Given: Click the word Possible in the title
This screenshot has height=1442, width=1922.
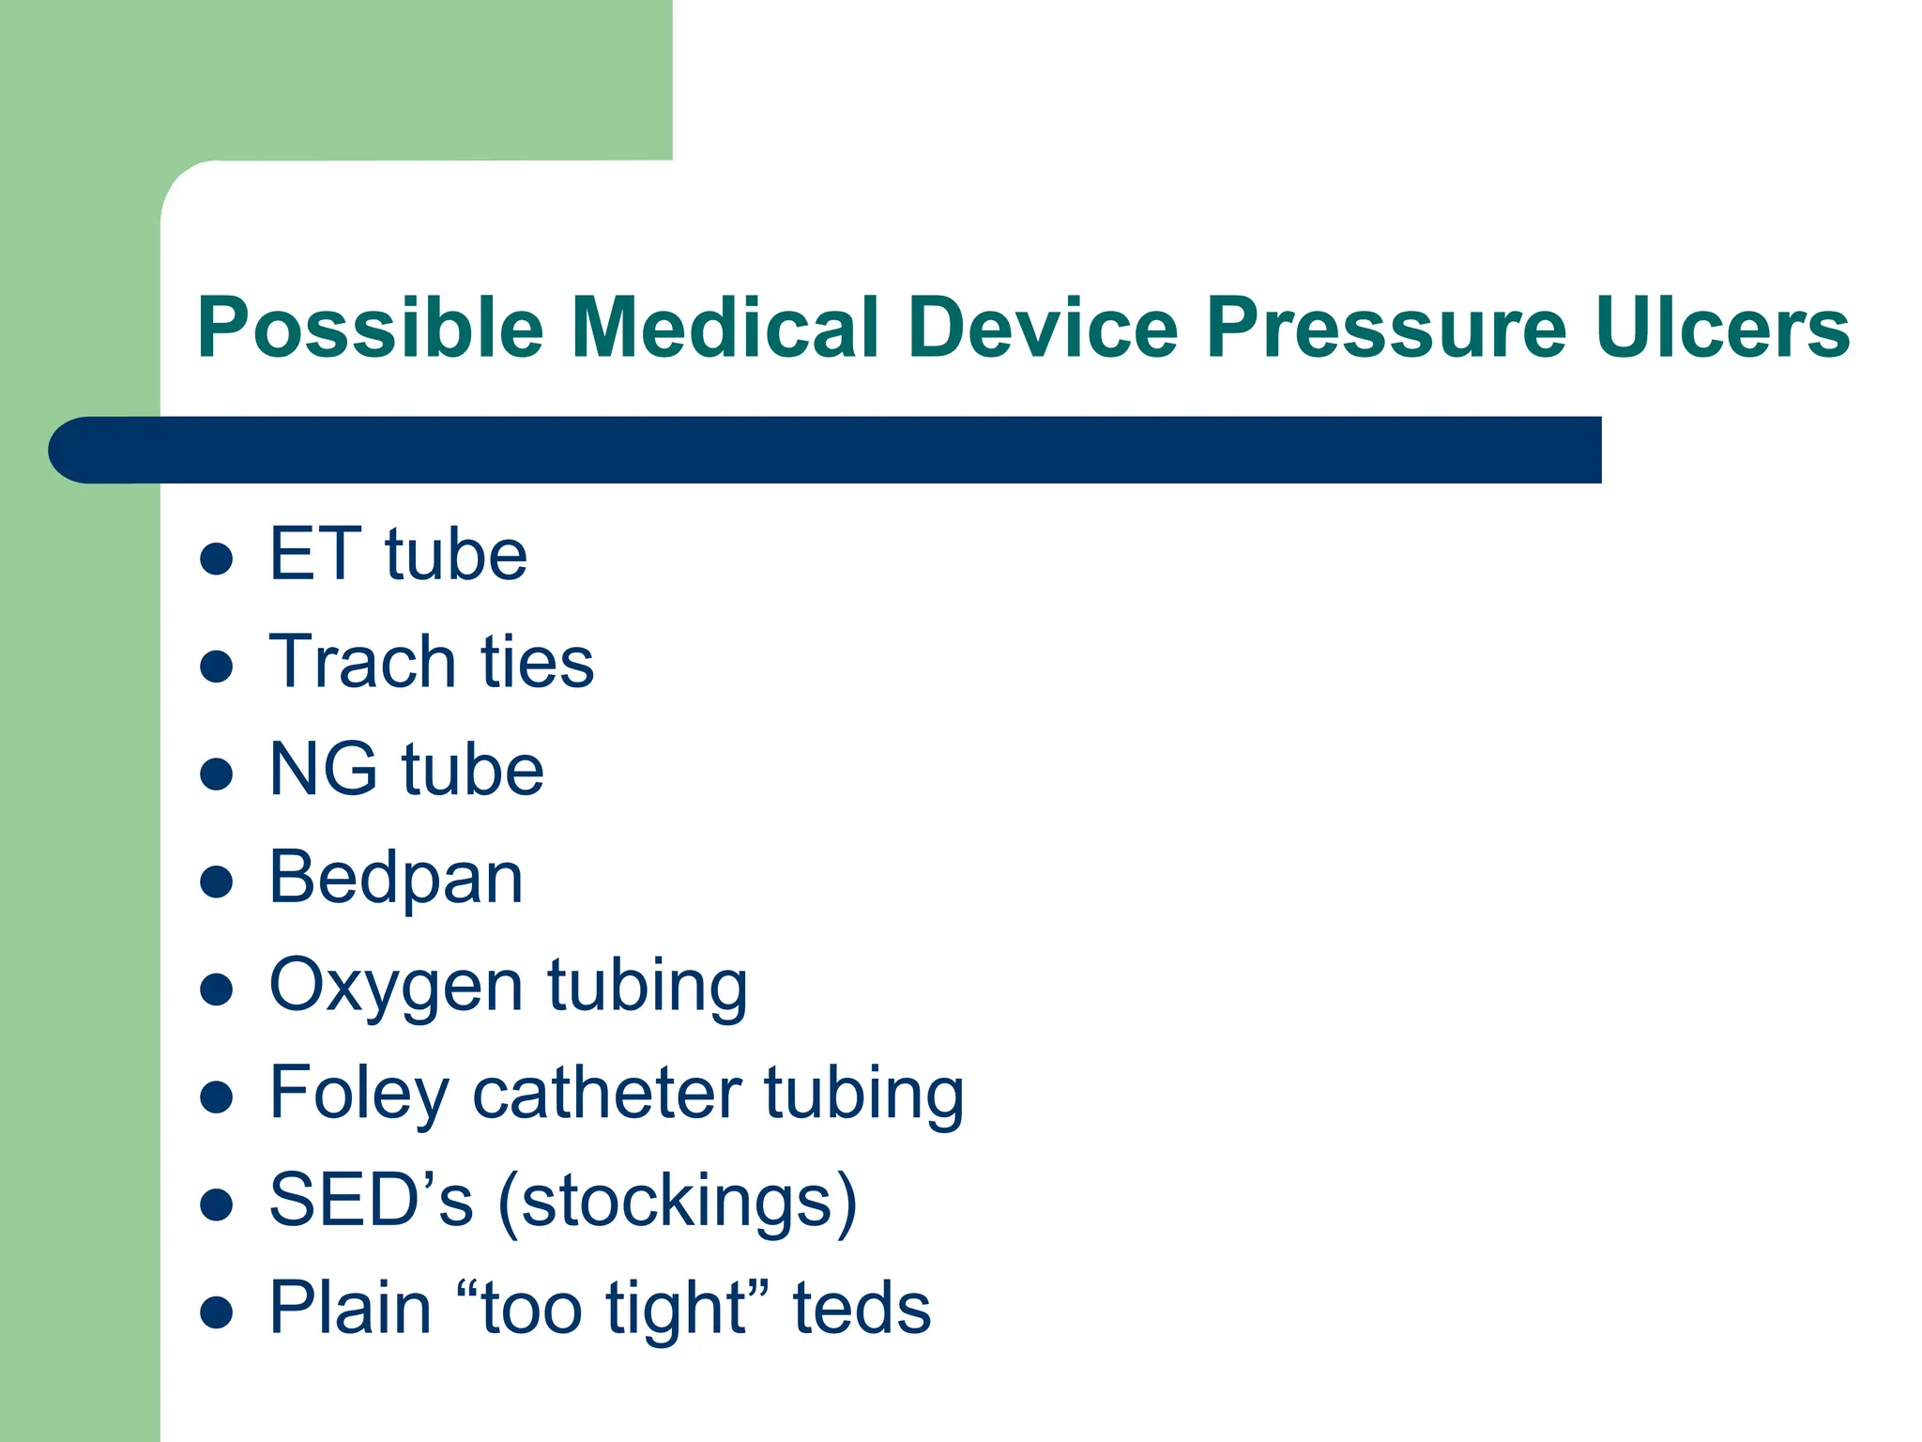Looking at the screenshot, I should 371,329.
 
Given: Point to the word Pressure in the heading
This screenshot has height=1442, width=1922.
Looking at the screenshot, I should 1386,329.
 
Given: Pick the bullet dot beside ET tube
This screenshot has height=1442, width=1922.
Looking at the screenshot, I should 217,559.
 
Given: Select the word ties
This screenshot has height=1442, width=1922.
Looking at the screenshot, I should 538,662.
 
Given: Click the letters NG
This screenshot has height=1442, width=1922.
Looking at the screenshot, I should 323,770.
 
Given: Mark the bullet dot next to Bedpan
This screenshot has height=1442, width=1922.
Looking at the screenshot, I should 217,882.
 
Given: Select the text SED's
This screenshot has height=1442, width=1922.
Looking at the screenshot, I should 371,1201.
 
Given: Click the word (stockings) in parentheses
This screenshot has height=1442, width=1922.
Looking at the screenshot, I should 677,1203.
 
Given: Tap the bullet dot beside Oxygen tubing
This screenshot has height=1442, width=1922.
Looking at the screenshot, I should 217,989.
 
